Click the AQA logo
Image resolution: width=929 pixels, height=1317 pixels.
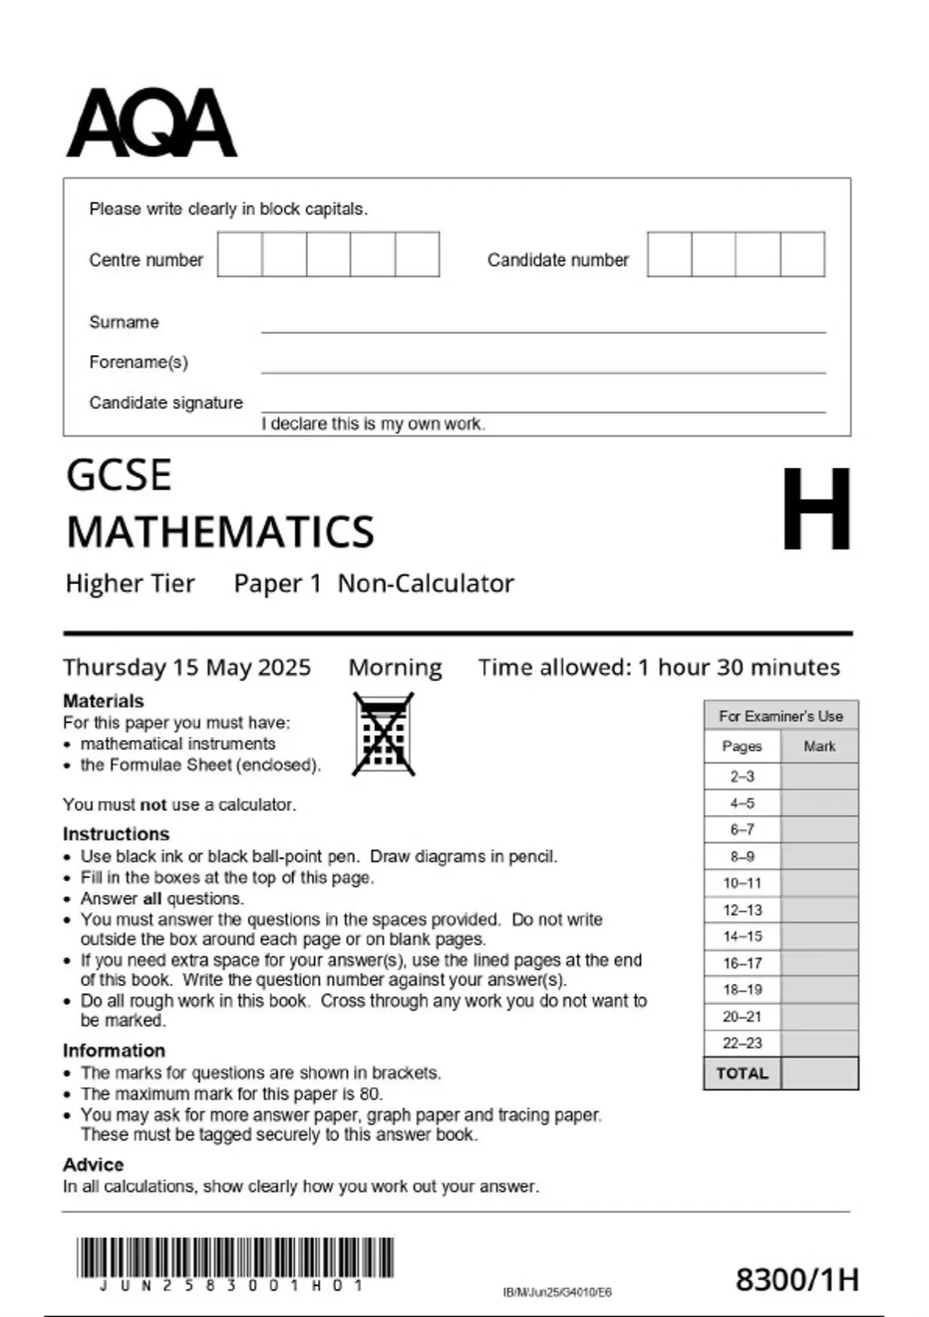151,124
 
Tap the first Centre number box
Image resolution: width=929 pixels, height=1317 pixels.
239,254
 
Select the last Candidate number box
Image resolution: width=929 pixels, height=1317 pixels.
802,254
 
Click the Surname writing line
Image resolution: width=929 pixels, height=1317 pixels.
542,325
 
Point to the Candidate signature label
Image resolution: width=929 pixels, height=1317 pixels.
166,403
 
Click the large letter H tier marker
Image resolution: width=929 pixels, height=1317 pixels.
816,509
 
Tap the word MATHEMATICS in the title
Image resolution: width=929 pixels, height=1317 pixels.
221,532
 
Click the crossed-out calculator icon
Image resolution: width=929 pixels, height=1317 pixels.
383,734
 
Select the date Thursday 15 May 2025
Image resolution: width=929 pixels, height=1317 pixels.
187,667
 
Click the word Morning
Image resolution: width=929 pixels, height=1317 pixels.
395,667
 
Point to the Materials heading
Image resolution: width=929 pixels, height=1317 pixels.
103,701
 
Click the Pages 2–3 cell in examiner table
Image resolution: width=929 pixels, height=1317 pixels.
742,776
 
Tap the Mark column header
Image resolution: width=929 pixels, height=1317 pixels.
819,746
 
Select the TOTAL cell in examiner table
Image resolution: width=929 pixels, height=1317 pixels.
742,1074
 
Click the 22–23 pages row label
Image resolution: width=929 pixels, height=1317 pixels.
742,1044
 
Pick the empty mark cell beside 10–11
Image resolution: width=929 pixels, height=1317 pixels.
819,883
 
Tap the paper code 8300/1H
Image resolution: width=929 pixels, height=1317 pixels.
797,1280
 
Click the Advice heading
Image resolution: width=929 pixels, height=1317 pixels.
93,1165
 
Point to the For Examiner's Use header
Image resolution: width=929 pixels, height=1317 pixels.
780,716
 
